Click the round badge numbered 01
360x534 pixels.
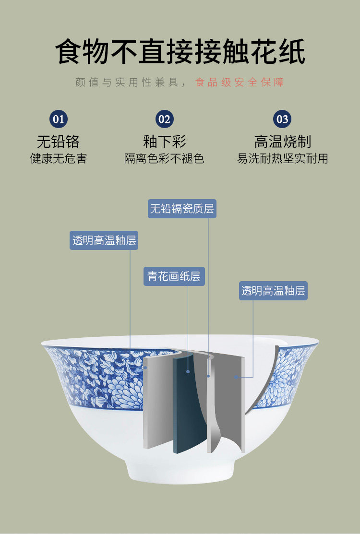coord(59,119)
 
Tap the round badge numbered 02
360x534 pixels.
coord(165,119)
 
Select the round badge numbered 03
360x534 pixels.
coord(282,119)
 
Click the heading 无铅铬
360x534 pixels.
coord(58,142)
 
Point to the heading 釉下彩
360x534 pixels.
coord(165,142)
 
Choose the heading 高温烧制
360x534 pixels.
coord(283,142)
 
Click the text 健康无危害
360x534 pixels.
coord(59,159)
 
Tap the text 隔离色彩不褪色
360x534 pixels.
coord(164,159)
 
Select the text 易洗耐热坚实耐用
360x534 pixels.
coord(283,159)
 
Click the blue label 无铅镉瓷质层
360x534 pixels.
coord(182,209)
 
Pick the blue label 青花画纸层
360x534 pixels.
coord(174,276)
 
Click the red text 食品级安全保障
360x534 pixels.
coord(240,82)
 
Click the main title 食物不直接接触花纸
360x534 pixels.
coord(180,52)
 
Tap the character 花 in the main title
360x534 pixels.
coord(263,52)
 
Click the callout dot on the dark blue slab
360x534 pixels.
coord(188,371)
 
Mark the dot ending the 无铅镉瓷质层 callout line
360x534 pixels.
coord(208,376)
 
